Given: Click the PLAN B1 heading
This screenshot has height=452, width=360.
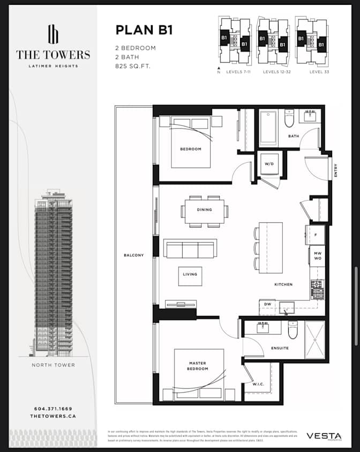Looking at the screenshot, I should pos(144,30).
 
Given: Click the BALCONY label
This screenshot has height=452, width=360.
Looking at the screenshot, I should pos(133,255).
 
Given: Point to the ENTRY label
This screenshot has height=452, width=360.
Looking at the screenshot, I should pos(336,171).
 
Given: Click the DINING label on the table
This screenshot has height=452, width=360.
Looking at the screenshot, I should pos(205,210).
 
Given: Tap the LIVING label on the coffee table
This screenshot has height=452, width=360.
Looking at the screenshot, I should pos(190,274).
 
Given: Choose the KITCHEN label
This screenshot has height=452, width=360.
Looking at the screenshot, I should pos(283,284).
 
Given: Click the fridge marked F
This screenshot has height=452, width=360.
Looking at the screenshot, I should pos(315,235).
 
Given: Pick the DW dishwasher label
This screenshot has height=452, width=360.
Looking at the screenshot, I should pos(267,304).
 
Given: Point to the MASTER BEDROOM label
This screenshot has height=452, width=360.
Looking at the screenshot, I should pos(197,366).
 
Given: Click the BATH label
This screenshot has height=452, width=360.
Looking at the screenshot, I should pos(293,136).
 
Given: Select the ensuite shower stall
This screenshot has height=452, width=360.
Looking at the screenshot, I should pos(314,340).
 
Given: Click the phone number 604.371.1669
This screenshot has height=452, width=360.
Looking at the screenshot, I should pos(52,409).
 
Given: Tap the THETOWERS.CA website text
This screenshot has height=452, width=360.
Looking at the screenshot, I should pos(52,416).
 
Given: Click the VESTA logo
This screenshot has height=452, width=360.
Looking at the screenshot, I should pos(324,437).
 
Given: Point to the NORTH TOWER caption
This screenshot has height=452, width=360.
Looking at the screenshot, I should pos(52,365).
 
